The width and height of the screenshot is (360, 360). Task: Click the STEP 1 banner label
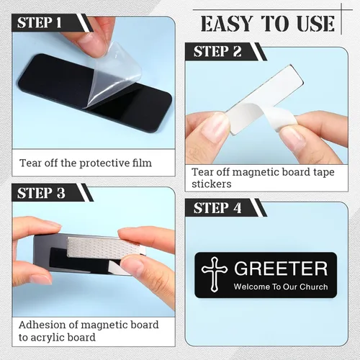point(40,23)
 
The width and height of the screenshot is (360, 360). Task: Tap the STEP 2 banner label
point(217,51)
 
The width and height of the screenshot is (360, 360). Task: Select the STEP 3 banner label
point(41,193)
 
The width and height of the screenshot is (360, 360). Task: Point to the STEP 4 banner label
point(217,208)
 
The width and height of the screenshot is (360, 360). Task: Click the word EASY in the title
point(227,24)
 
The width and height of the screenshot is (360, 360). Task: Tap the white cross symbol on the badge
point(215,274)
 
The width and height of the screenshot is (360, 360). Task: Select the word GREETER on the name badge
point(281,269)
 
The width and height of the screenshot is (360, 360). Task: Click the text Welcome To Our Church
point(281,287)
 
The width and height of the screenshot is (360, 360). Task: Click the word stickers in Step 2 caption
point(212,184)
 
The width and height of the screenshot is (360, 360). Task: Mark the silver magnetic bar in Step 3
point(104,247)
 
